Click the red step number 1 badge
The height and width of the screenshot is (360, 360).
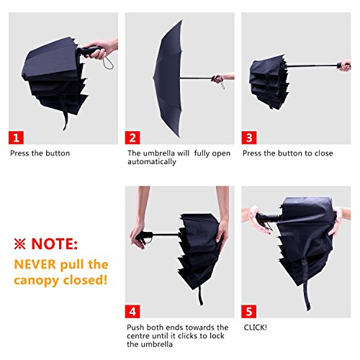[x=16, y=138]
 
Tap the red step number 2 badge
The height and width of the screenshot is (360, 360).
[x=132, y=138]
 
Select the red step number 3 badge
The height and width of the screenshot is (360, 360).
[x=249, y=138]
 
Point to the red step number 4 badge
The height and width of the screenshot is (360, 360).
[x=132, y=311]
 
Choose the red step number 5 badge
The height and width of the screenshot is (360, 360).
[x=249, y=311]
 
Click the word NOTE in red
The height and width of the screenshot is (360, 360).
[x=55, y=244]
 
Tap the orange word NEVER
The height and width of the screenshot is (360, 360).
[x=35, y=264]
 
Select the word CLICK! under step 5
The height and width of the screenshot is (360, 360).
[x=256, y=328]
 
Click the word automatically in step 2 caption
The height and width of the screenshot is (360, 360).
[x=152, y=162]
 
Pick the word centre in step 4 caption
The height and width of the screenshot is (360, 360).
[x=138, y=336]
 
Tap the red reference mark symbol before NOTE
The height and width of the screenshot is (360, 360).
[x=19, y=244]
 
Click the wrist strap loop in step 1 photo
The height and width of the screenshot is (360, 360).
[x=109, y=63]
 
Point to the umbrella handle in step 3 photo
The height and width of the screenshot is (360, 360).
[x=341, y=66]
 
